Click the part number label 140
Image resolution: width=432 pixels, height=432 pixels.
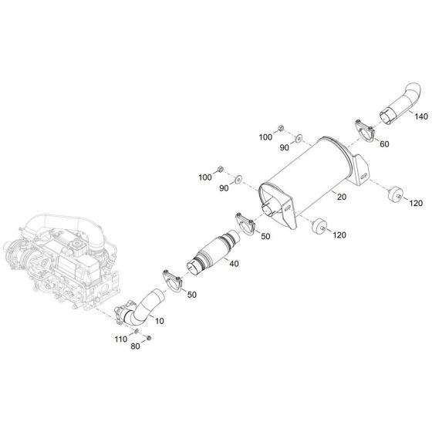[420, 117]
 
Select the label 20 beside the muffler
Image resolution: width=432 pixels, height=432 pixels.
[342, 197]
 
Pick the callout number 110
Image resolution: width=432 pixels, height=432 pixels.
[120, 339]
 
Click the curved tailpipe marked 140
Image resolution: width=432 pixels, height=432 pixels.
[392, 107]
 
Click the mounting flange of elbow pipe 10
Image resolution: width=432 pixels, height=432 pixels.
[123, 315]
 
